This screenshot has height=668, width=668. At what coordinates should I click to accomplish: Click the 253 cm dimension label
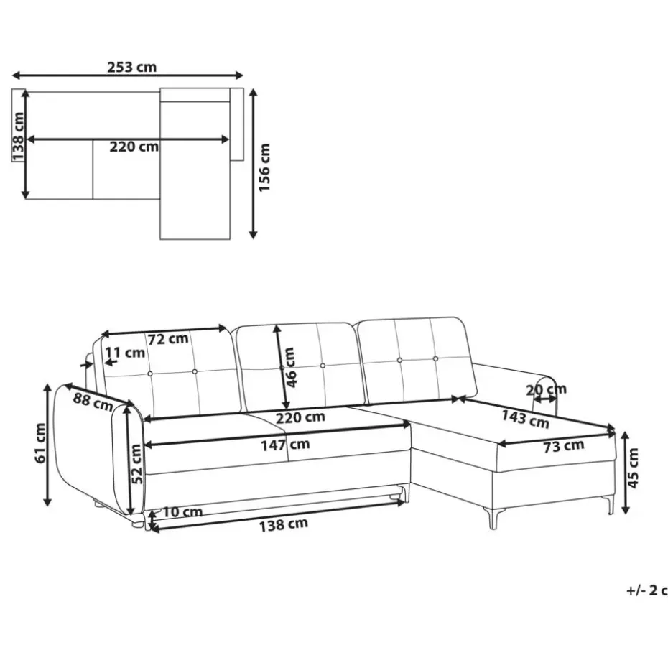pyautogui.click(x=131, y=67)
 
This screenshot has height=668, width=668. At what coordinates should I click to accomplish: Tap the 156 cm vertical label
pyautogui.click(x=264, y=167)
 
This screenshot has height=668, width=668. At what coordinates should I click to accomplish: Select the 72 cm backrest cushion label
pyautogui.click(x=168, y=339)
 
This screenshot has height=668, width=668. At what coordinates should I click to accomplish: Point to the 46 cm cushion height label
pyautogui.click(x=289, y=367)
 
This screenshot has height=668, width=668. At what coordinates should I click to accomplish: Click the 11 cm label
pyautogui.click(x=125, y=353)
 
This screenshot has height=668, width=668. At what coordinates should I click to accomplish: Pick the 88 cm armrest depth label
pyautogui.click(x=93, y=402)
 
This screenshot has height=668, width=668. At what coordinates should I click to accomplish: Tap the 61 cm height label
pyautogui.click(x=40, y=443)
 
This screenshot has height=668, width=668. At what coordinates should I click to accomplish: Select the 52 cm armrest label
pyautogui.click(x=136, y=463)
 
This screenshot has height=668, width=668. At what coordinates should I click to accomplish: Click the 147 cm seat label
pyautogui.click(x=285, y=445)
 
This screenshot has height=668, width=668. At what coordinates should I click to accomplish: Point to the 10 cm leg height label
pyautogui.click(x=182, y=511)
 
